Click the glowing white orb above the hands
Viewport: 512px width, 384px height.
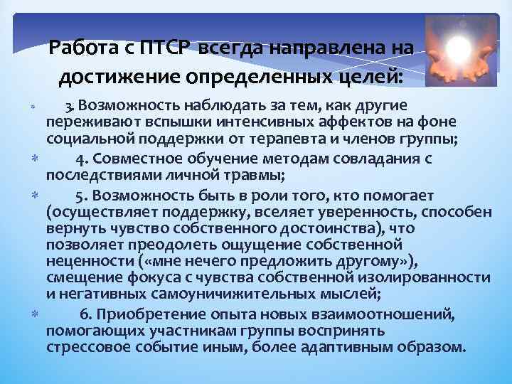click(458, 48)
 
